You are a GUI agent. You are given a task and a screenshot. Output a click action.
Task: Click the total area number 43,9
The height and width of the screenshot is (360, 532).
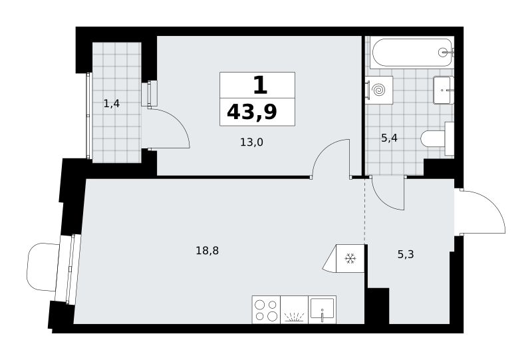pyautogui.click(x=252, y=112)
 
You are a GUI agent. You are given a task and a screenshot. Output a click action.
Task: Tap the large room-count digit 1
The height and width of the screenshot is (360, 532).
pyautogui.click(x=260, y=85)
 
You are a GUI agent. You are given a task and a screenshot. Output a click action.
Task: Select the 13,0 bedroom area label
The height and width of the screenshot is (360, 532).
pyautogui.click(x=251, y=142)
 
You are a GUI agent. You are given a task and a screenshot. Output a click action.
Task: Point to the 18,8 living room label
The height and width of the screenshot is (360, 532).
pyautogui.click(x=207, y=251)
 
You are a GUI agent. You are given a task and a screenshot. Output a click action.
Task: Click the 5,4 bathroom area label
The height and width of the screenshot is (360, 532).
pyautogui.click(x=389, y=138)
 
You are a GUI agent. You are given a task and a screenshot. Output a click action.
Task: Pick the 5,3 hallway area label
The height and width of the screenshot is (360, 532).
pyautogui.click(x=406, y=254)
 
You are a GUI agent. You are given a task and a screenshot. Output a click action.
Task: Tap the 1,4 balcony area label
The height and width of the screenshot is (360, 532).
pyautogui.click(x=112, y=104)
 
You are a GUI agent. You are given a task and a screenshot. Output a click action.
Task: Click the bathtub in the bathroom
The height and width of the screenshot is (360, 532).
pyautogui.click(x=412, y=53)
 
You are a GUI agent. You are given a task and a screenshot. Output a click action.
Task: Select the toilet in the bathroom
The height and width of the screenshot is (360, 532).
pyautogui.click(x=437, y=138)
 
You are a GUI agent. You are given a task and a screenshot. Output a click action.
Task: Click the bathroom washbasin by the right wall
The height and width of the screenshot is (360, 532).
pyautogui.click(x=444, y=90)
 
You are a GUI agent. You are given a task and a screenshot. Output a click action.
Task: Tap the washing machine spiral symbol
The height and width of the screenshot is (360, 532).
pyautogui.click(x=379, y=90)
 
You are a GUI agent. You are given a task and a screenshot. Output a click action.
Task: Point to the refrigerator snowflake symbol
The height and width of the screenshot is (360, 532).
pyautogui.click(x=350, y=259)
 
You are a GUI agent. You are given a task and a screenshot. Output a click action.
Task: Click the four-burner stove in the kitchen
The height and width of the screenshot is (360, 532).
pyautogui.click(x=267, y=309)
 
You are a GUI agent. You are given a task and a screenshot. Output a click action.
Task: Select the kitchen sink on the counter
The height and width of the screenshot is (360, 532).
pyautogui.click(x=322, y=309)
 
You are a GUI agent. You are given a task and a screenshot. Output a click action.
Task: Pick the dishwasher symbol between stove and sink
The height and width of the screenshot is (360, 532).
pyautogui.click(x=295, y=309)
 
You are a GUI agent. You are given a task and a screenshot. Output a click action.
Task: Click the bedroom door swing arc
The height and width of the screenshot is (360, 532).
pyautogui.click(x=325, y=150)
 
